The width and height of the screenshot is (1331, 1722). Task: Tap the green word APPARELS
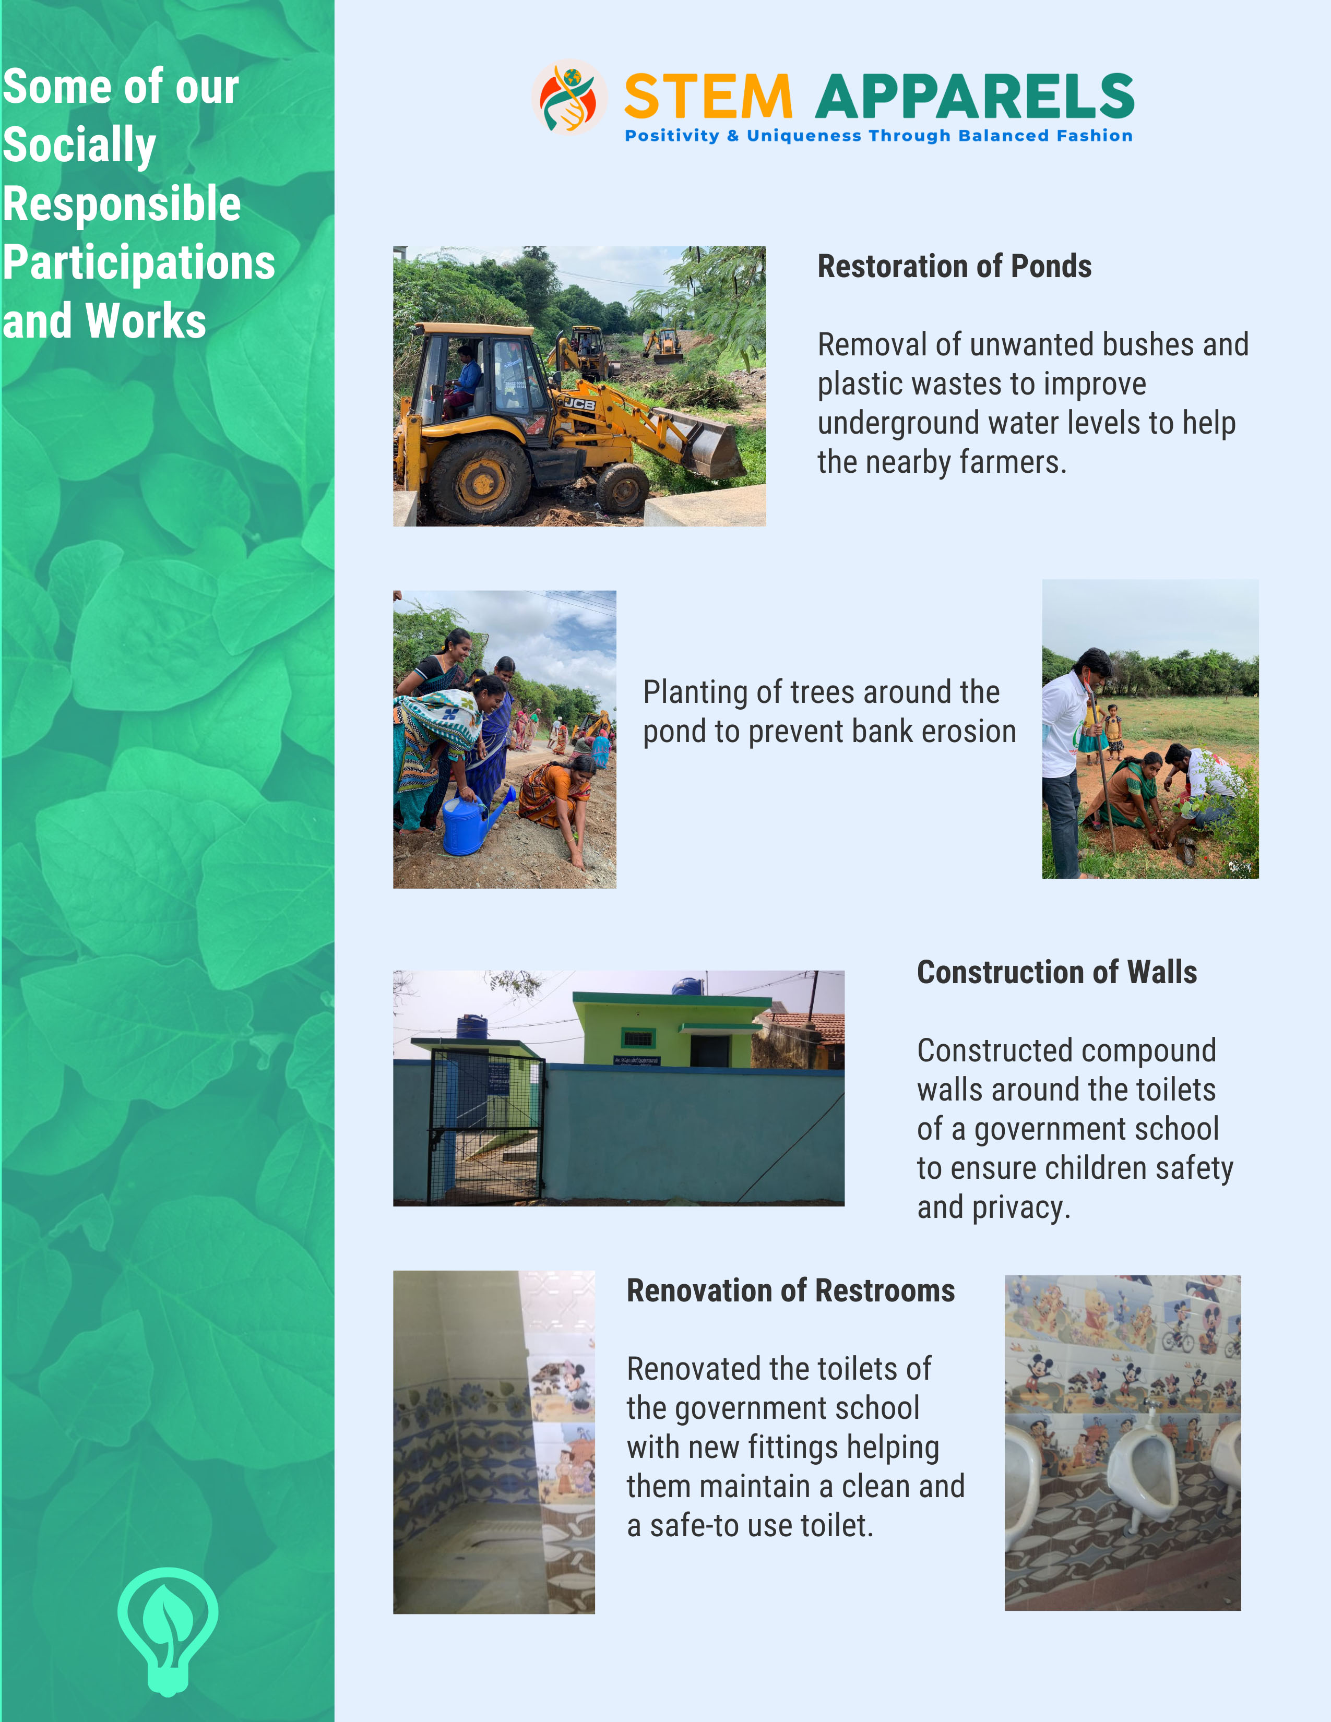(x=975, y=98)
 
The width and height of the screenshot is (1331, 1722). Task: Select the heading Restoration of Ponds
(x=954, y=267)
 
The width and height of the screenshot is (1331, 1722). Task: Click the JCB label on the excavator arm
(x=579, y=404)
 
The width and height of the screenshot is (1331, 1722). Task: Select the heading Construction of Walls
(x=1056, y=972)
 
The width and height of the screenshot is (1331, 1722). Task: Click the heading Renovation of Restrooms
(x=790, y=1290)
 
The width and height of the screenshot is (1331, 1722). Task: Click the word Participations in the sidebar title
(x=139, y=262)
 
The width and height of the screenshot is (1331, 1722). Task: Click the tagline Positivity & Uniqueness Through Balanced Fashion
(x=878, y=136)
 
